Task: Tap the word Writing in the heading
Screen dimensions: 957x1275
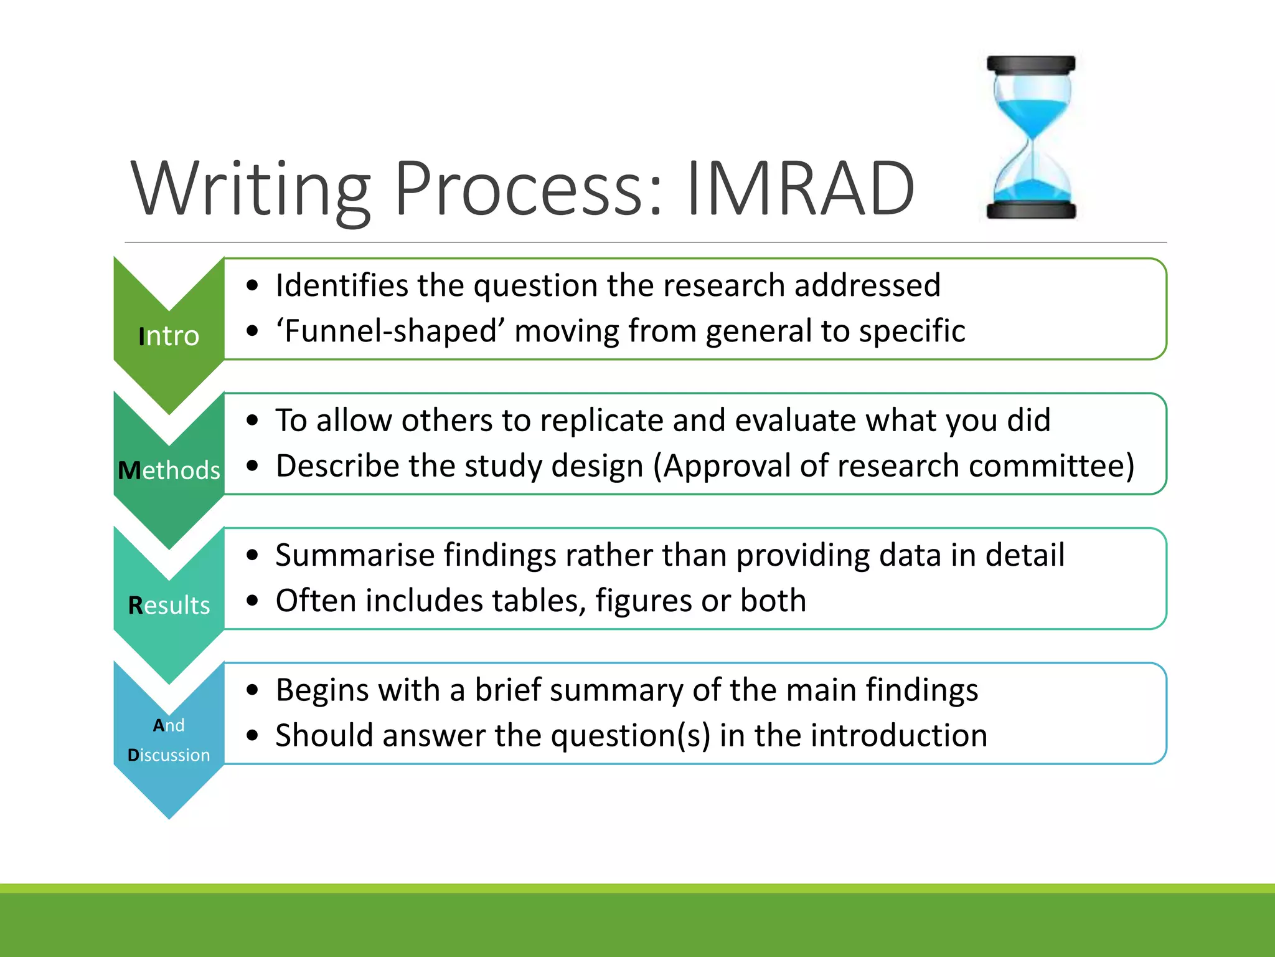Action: [250, 189]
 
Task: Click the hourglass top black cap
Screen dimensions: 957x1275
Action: [1031, 64]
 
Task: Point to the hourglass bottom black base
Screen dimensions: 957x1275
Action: [1031, 210]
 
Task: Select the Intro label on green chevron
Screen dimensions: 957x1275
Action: [169, 336]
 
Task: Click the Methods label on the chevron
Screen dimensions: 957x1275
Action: [169, 470]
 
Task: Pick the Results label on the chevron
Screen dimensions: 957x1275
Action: [169, 606]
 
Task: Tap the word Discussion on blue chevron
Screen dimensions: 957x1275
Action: [169, 755]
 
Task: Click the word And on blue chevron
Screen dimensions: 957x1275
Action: [169, 725]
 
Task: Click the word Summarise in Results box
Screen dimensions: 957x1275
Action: [355, 555]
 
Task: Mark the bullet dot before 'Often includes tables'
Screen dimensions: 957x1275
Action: [252, 601]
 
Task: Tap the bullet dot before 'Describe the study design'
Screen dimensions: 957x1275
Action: [252, 466]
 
